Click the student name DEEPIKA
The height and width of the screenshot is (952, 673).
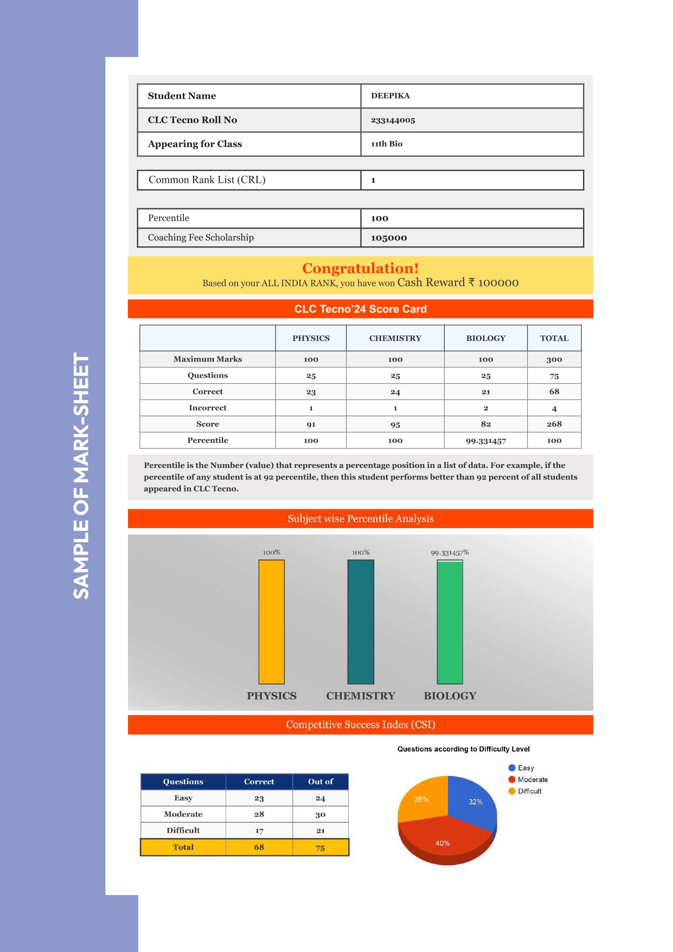click(x=390, y=96)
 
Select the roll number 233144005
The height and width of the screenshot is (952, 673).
click(x=393, y=120)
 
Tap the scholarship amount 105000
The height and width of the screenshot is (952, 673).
click(x=388, y=238)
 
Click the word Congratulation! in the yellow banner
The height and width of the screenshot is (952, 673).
click(x=360, y=268)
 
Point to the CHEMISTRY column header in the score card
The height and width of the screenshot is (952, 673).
click(x=395, y=338)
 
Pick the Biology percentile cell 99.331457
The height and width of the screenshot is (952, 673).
click(x=485, y=441)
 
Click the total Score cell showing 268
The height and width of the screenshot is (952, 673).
click(x=554, y=424)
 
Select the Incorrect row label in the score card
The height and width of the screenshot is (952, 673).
click(x=207, y=408)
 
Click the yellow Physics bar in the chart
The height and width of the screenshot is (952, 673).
click(x=271, y=621)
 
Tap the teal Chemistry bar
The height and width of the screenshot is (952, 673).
click(x=360, y=621)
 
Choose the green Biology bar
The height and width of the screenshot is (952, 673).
click(x=450, y=621)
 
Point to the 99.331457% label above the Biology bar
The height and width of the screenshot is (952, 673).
click(x=450, y=553)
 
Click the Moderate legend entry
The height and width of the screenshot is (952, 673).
click(x=532, y=779)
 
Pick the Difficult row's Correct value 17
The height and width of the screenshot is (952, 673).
click(x=259, y=830)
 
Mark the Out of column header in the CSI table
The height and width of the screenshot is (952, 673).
click(x=320, y=782)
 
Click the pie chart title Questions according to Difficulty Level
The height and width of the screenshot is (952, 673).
click(x=463, y=749)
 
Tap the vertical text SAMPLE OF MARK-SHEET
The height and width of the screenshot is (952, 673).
click(x=81, y=475)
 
